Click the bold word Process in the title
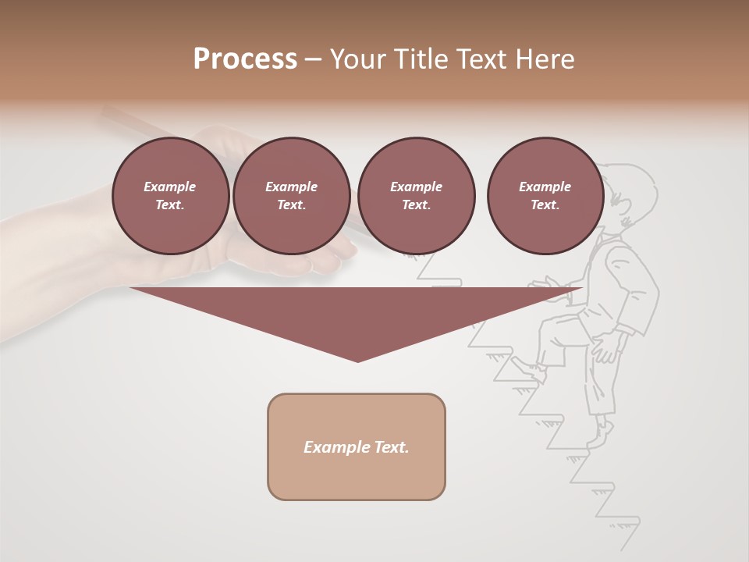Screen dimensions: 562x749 (245, 59)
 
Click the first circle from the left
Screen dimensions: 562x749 (170, 196)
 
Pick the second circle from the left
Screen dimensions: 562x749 (291, 196)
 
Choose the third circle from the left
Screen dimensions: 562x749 (416, 196)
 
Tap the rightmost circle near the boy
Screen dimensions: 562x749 (545, 196)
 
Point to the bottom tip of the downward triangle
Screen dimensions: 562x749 (357, 361)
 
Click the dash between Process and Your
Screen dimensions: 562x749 (313, 59)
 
